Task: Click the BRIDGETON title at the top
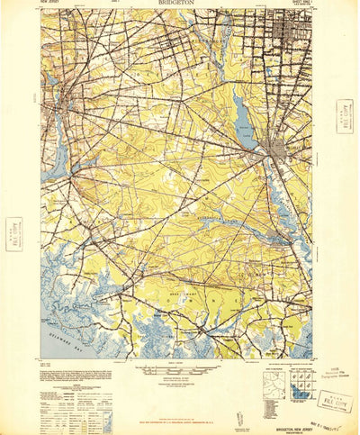[179, 4]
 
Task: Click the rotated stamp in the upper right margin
[343, 115]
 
